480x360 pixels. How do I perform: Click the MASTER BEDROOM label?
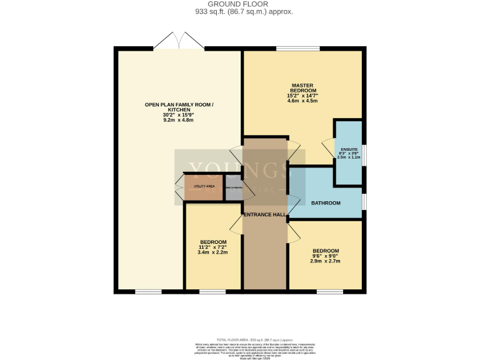(x=302, y=88)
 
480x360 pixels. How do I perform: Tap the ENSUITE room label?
(x=349, y=149)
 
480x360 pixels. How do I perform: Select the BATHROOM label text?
(x=326, y=203)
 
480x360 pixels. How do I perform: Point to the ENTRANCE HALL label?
(x=265, y=214)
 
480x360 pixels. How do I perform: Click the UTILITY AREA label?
(x=204, y=186)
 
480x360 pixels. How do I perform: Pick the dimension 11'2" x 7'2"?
(x=213, y=247)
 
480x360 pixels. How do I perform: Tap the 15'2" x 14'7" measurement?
(x=302, y=95)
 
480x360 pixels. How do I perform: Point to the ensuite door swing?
(x=327, y=149)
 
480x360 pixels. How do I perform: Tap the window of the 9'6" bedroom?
(x=329, y=292)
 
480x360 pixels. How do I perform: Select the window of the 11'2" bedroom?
(x=212, y=292)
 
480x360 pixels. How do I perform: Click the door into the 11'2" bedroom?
(x=236, y=224)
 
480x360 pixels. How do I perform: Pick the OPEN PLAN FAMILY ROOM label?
(x=178, y=107)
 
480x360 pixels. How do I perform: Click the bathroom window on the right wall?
(x=364, y=203)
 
